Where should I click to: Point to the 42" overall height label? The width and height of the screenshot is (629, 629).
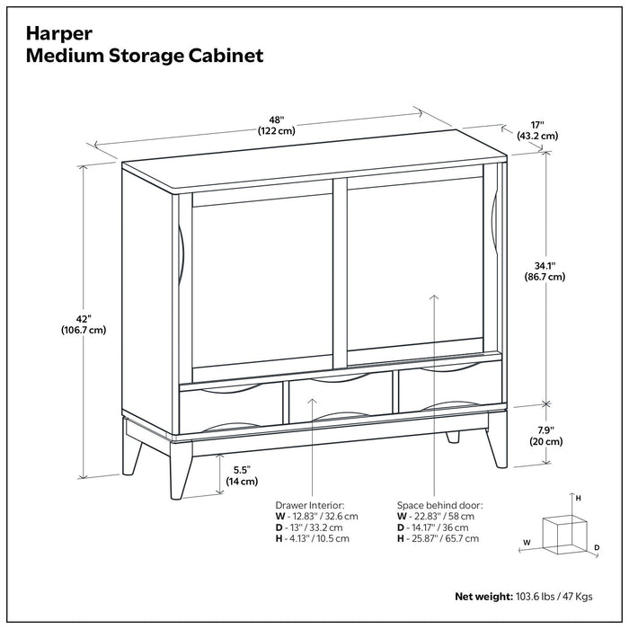(90, 323)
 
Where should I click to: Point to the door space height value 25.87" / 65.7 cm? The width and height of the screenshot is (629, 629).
(443, 538)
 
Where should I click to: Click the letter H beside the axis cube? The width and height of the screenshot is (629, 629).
(579, 497)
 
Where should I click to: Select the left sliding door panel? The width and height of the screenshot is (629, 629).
(263, 283)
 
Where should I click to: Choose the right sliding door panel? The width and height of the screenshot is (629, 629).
(415, 270)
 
